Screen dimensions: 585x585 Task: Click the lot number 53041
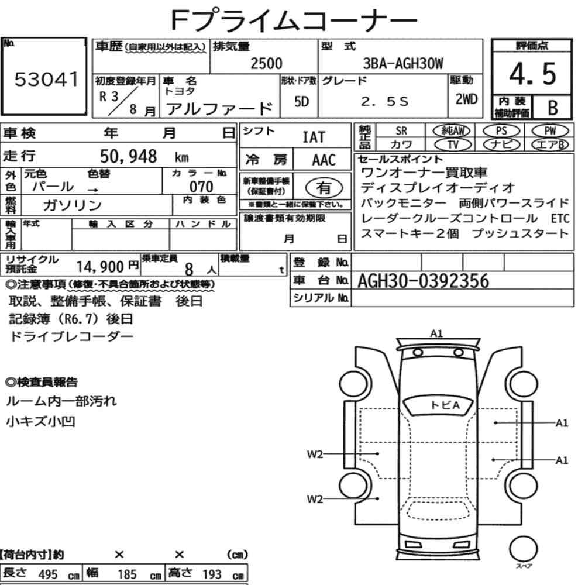click(46, 79)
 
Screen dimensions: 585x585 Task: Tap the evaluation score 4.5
click(532, 74)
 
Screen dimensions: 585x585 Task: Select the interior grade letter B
click(553, 108)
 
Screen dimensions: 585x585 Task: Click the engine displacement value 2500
click(266, 63)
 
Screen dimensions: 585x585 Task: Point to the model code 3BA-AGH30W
click(403, 63)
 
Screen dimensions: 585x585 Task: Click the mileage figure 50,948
click(128, 156)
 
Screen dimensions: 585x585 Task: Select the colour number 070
click(201, 186)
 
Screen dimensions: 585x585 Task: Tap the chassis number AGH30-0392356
click(423, 281)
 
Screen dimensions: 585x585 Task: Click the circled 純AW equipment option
click(452, 130)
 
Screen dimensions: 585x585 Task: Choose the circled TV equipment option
click(453, 144)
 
